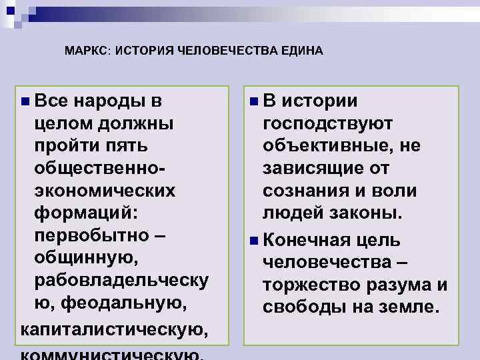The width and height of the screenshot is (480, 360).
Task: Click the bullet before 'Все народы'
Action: (x=25, y=101)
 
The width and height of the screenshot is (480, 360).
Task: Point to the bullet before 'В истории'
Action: (x=254, y=101)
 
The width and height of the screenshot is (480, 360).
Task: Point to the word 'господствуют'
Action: (x=328, y=123)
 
